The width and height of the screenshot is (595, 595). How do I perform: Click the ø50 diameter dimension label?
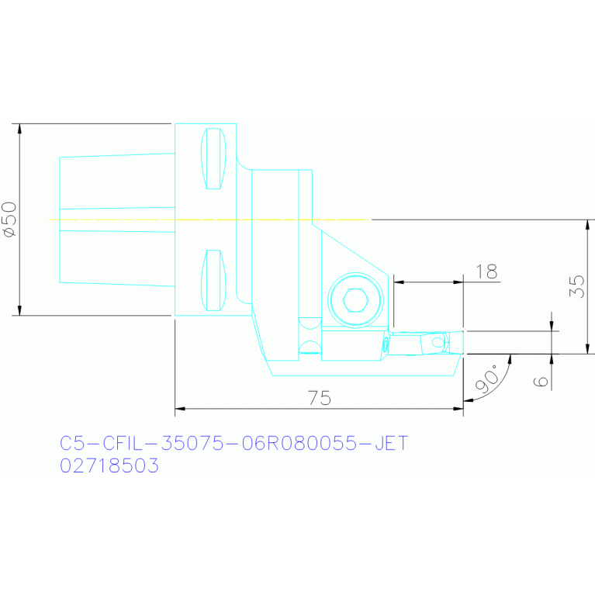[9, 220]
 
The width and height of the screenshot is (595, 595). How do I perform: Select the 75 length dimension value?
[319, 398]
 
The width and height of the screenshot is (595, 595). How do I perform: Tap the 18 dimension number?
[486, 272]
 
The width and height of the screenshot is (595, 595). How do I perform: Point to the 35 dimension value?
[577, 286]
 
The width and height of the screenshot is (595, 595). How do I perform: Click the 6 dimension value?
[541, 382]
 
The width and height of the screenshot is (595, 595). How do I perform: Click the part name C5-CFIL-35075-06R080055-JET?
[234, 443]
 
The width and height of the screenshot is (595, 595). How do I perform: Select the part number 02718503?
[109, 465]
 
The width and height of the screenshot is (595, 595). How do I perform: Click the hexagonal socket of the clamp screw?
[355, 300]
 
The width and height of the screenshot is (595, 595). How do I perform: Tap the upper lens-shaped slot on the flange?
[213, 158]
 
